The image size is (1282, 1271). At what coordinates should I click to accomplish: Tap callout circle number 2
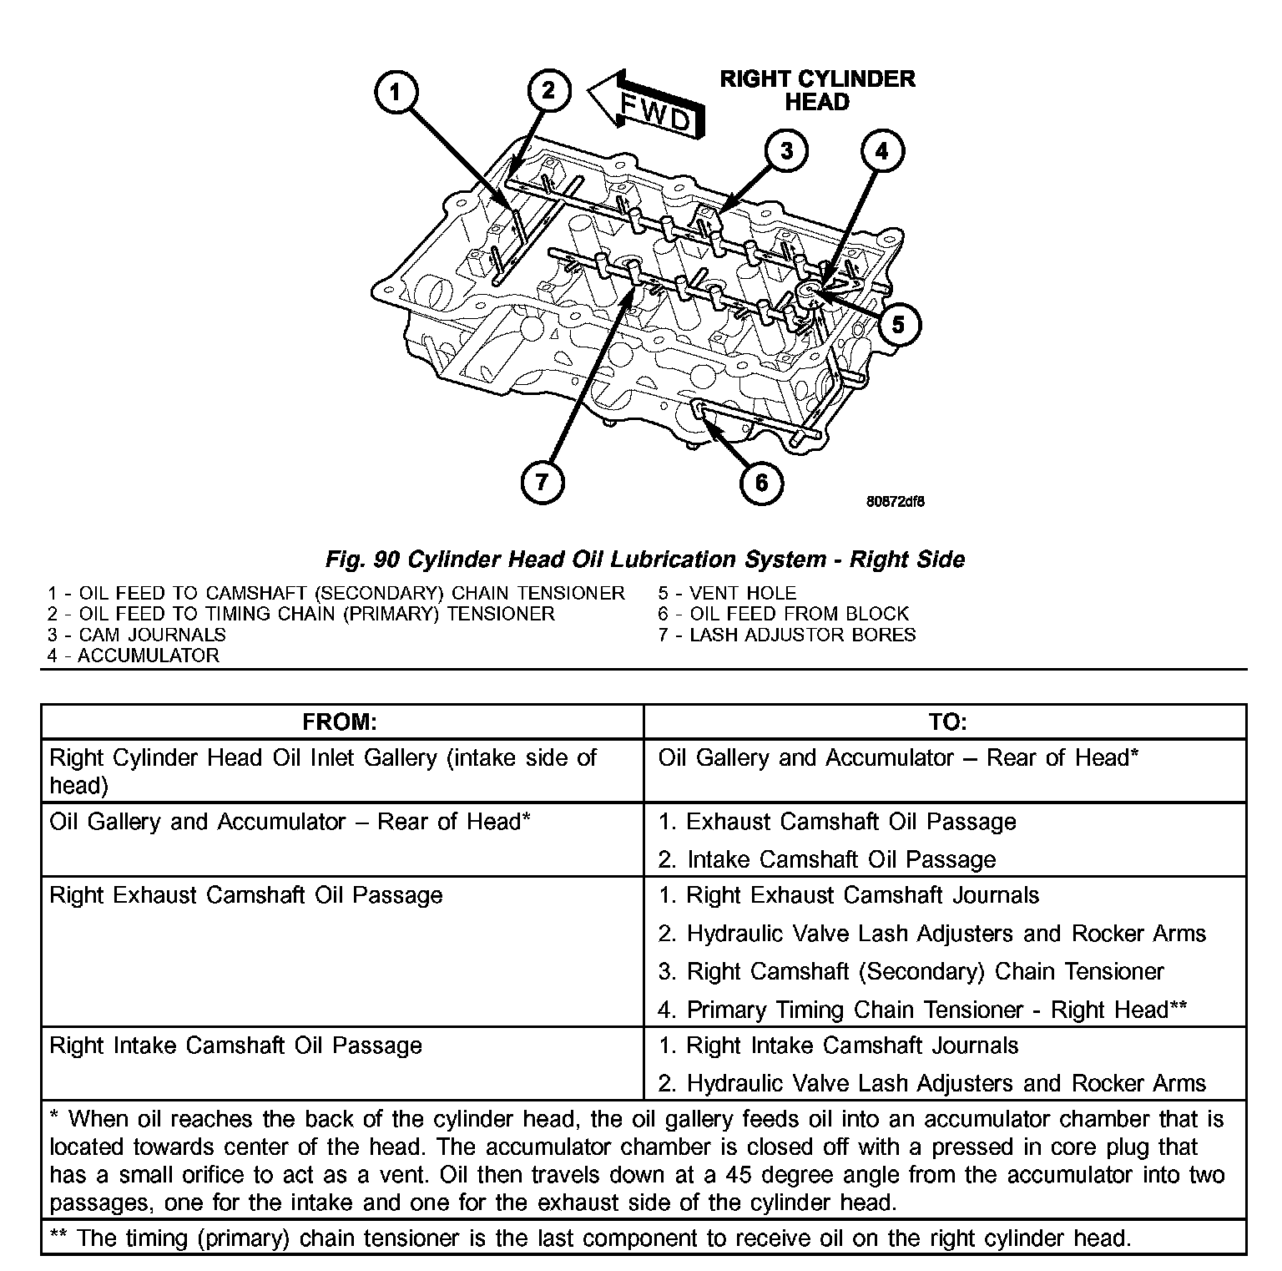pos(548,90)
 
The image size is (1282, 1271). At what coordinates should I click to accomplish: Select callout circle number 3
pos(785,151)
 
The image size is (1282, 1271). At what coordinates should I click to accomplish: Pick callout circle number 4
pos(882,151)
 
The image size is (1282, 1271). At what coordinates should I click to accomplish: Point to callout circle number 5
pos(898,324)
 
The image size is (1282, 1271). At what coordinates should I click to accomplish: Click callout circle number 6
pos(761,482)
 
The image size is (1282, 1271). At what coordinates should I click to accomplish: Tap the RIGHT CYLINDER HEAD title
pos(817,90)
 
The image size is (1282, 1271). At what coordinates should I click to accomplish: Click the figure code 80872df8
pos(895,502)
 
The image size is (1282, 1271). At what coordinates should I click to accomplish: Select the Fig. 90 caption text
pos(644,560)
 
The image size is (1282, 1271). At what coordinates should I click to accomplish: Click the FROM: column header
pos(340,722)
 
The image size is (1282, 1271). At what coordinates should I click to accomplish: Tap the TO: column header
pos(946,722)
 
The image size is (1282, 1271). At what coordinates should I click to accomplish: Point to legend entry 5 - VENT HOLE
pos(726,593)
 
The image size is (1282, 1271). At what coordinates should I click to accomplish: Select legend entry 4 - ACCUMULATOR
pos(134,656)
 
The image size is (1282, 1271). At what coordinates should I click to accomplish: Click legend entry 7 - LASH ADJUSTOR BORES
pos(786,635)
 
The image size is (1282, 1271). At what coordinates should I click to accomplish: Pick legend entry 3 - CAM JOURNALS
pos(136,635)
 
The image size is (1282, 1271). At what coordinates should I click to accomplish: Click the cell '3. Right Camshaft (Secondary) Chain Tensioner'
pos(911,972)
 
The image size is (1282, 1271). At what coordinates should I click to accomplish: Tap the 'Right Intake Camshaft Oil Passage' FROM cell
pos(236,1046)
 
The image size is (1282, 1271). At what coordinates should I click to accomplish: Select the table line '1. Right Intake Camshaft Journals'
pos(838,1046)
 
